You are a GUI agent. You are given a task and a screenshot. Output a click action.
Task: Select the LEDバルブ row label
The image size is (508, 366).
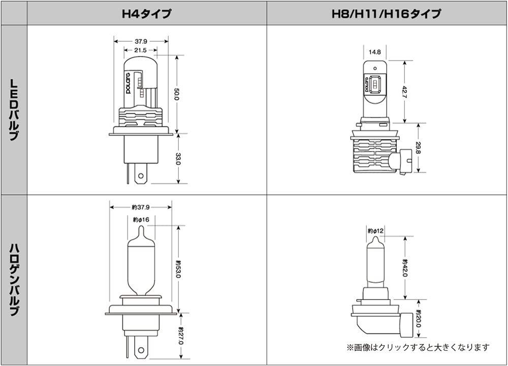pos(14,110)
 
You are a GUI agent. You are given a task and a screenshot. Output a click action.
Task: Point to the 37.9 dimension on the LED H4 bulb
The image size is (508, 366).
pos(141,41)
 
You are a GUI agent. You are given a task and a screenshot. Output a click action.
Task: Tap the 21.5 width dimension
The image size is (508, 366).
pos(141,50)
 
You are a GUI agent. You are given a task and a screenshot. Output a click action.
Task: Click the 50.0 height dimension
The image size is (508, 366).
pos(177,94)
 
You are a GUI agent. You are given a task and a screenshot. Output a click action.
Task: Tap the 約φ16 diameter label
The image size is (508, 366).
pos(140,220)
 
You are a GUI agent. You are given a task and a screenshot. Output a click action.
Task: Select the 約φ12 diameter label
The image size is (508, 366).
pos(374,231)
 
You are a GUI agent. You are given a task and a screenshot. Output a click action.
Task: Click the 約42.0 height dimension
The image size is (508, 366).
pos(405,268)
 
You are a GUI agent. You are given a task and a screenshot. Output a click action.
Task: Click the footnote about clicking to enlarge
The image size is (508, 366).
pos(418,348)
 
